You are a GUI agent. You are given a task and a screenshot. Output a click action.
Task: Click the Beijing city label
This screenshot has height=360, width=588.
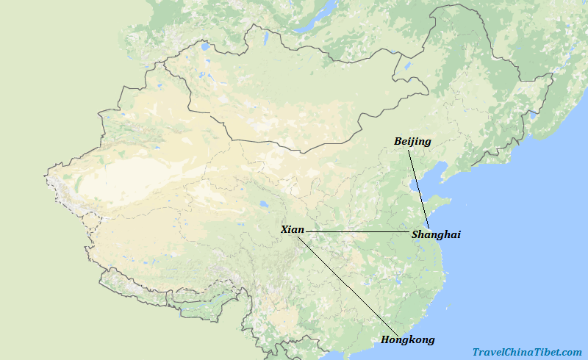(x=412, y=141)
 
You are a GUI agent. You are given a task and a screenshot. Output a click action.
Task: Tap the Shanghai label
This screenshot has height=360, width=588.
(x=436, y=234)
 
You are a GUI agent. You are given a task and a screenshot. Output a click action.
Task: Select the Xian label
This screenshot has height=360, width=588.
(x=292, y=230)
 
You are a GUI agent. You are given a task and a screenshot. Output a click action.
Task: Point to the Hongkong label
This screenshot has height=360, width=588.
(x=407, y=339)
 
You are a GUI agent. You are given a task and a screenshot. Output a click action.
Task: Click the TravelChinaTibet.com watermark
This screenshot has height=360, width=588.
(x=526, y=352)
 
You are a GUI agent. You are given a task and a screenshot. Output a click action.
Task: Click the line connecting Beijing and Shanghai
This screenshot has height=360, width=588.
(x=419, y=188)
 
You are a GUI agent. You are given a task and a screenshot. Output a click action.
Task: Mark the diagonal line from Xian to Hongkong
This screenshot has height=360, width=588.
(x=345, y=284)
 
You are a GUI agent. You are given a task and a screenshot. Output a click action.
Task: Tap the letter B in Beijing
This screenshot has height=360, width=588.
(x=398, y=141)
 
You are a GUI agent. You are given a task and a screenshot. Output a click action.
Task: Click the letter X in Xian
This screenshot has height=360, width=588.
(x=284, y=230)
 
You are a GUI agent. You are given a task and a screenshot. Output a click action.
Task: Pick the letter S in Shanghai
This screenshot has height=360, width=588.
(x=416, y=234)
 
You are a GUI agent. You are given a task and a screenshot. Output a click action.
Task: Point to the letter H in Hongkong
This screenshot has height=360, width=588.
(x=385, y=339)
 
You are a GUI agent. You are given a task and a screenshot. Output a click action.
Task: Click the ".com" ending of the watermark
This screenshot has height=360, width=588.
(x=570, y=352)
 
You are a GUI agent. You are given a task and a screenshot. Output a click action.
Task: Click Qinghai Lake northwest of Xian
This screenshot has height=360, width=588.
(x=262, y=205)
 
